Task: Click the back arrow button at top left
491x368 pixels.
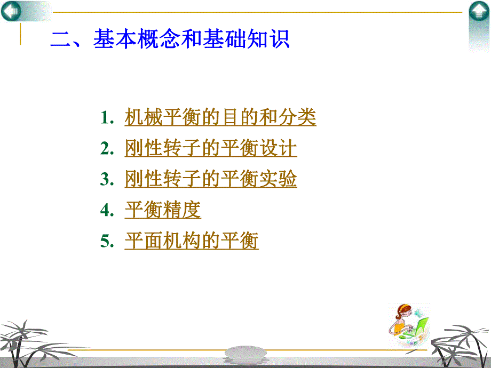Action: point(11,11)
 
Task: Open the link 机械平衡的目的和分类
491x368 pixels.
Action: point(220,117)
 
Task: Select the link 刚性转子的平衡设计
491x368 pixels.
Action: point(211,148)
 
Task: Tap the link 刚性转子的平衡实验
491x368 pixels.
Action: point(211,179)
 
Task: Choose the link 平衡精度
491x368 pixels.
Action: point(163,210)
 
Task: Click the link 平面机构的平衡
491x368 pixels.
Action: point(192,242)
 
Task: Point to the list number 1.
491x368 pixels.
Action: point(106,118)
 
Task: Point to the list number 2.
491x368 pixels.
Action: point(106,149)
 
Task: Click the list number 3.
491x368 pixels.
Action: point(106,180)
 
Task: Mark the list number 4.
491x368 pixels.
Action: point(106,211)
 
